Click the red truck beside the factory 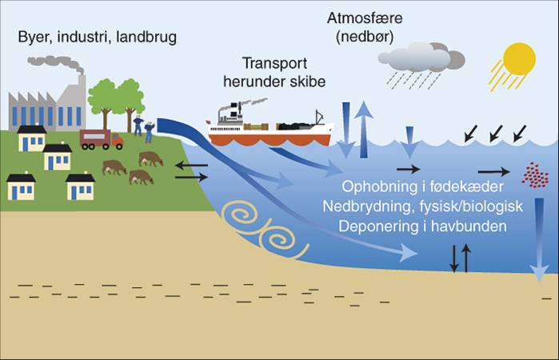[x=101, y=140]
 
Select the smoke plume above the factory [x=56, y=63]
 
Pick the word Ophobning [x=379, y=188]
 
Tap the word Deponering [x=377, y=227]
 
